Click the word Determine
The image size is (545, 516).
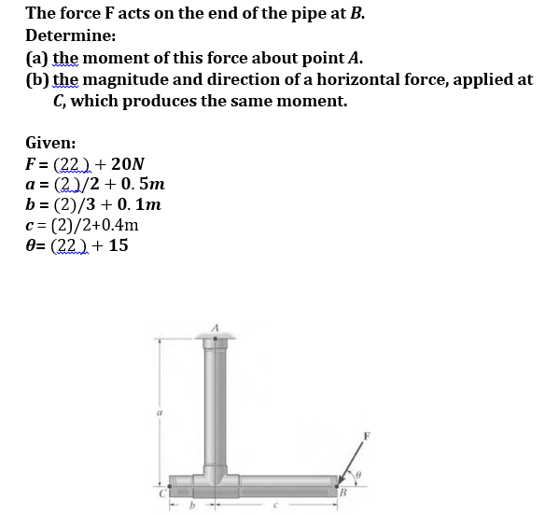[x=71, y=35]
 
